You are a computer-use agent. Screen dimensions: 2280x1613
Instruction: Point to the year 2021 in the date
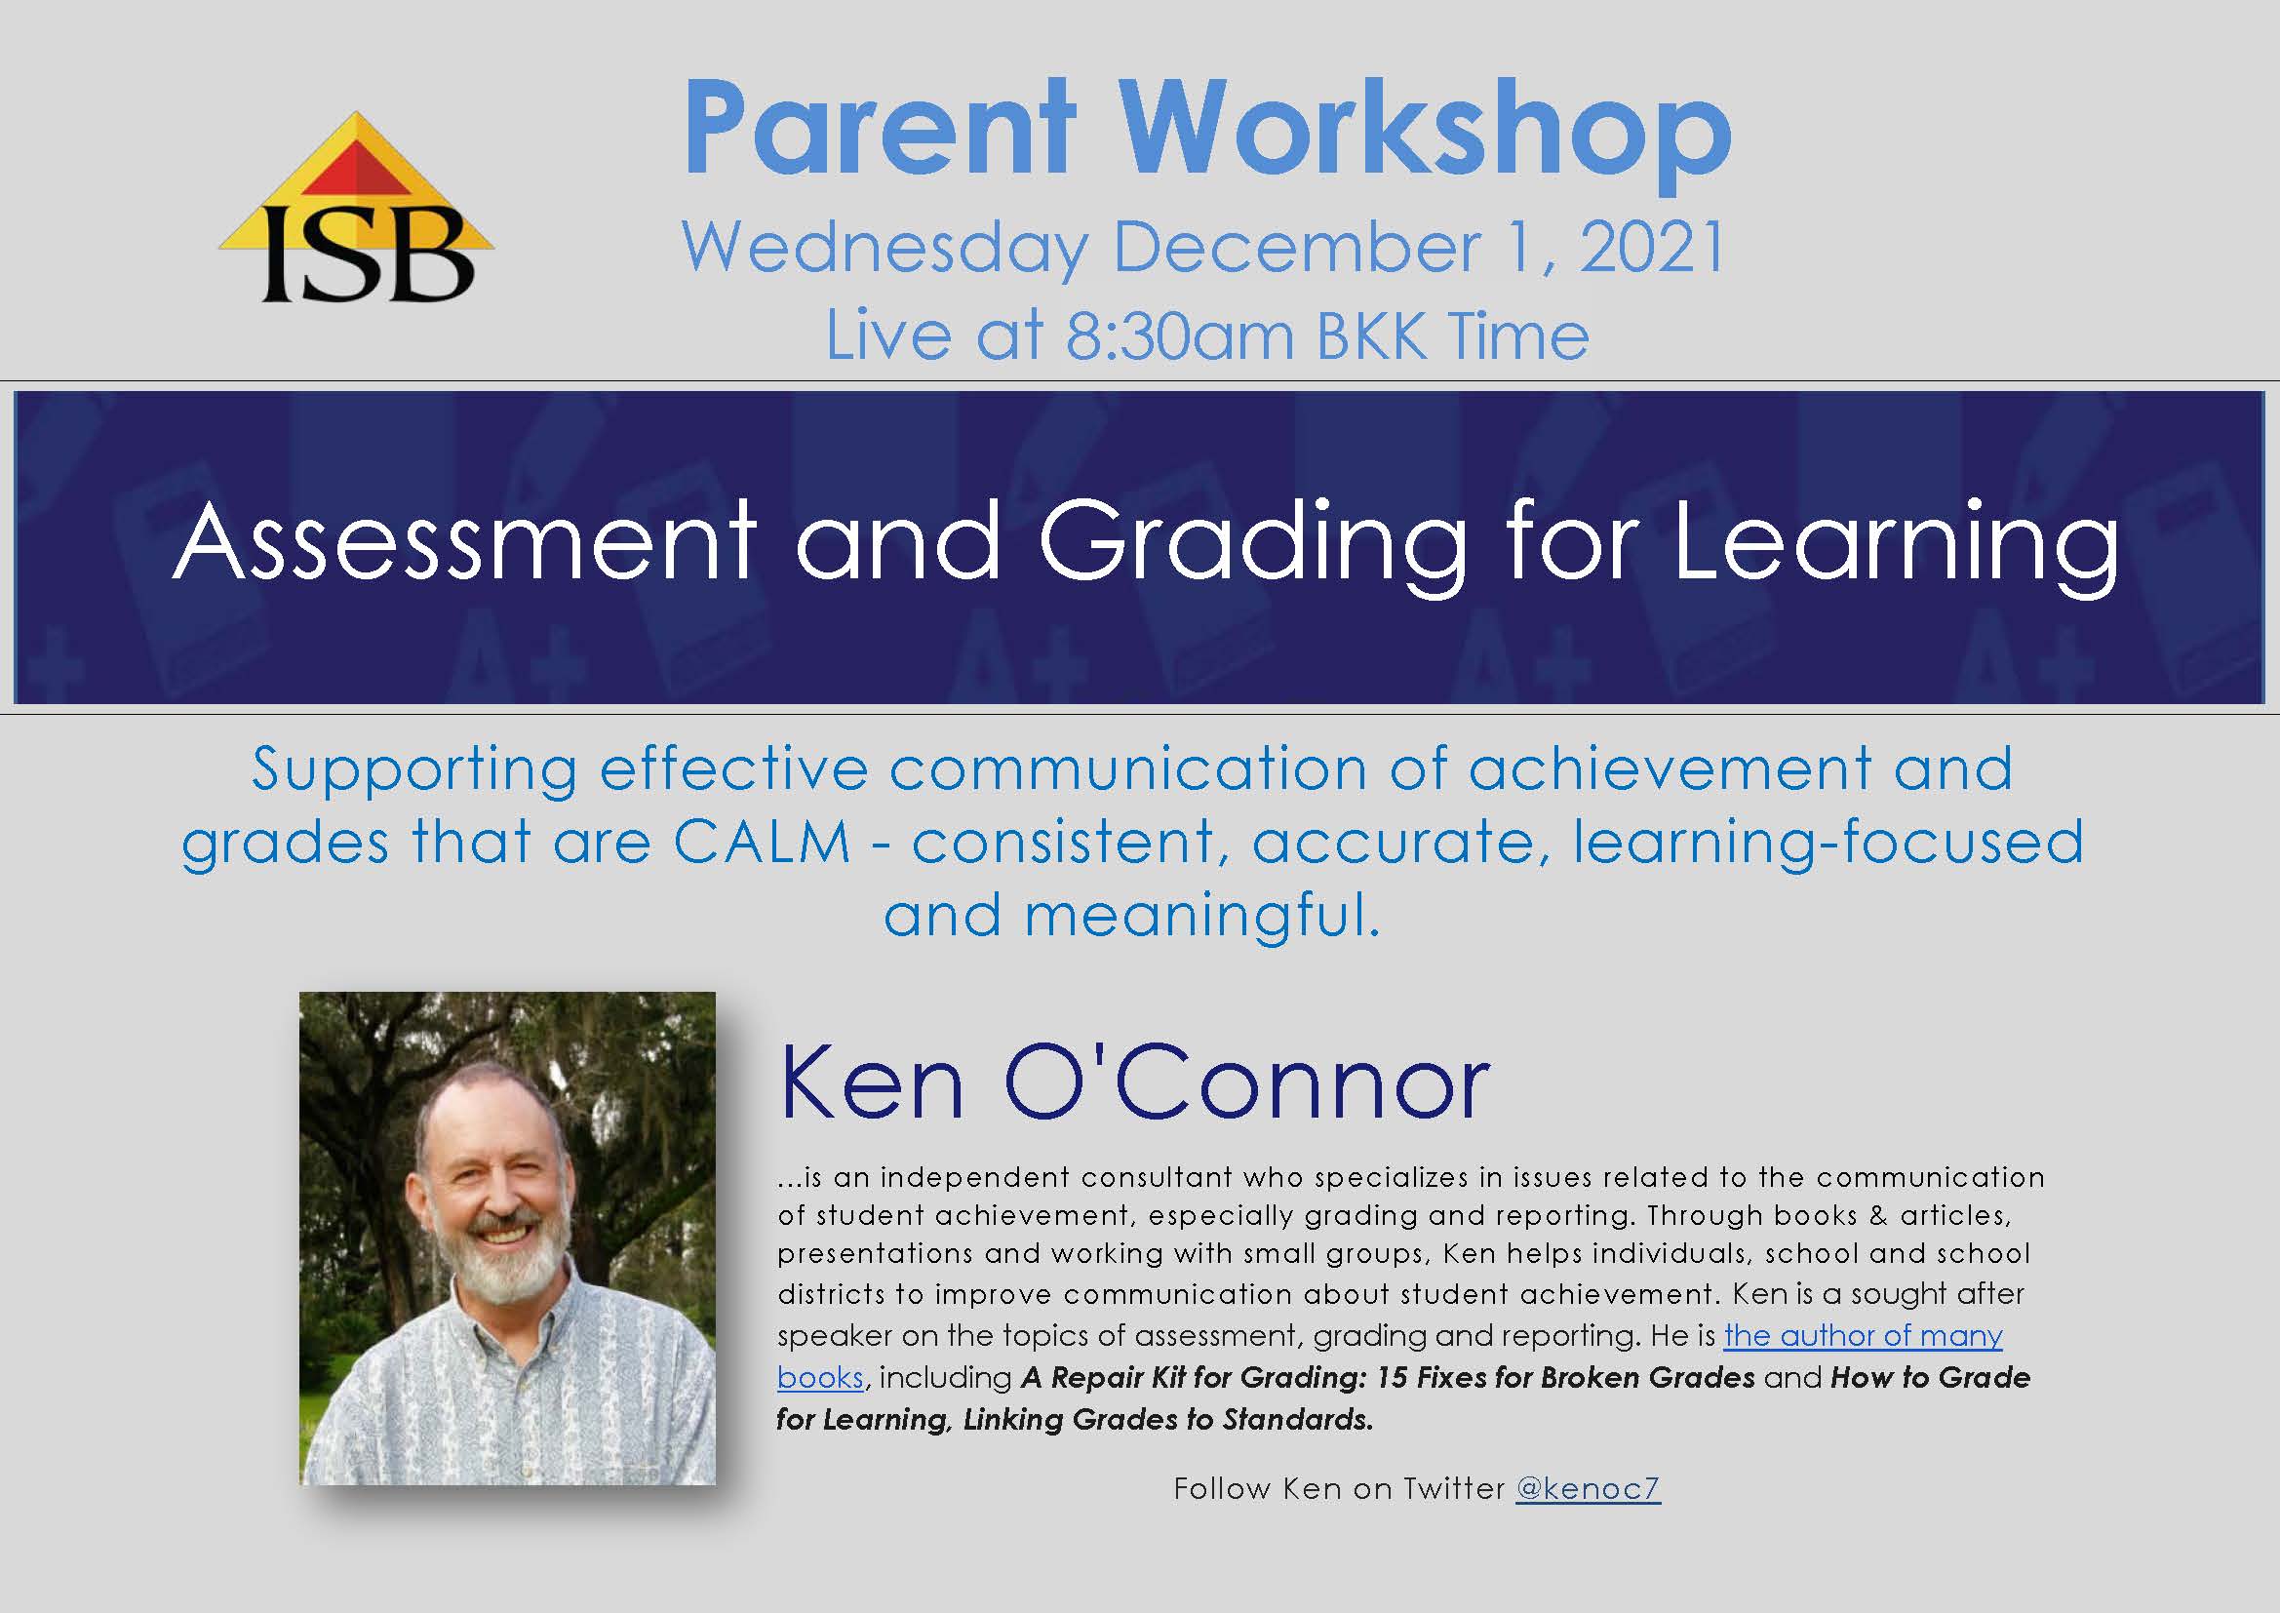click(1651, 248)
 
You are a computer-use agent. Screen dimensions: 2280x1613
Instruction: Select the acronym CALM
click(762, 843)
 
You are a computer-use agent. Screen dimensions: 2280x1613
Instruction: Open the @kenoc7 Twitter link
click(1588, 1488)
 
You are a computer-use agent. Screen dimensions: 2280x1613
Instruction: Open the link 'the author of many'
click(1863, 1336)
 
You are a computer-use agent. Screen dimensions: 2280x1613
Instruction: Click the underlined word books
click(820, 1378)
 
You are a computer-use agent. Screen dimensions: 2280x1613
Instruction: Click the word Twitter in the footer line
click(1454, 1488)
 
